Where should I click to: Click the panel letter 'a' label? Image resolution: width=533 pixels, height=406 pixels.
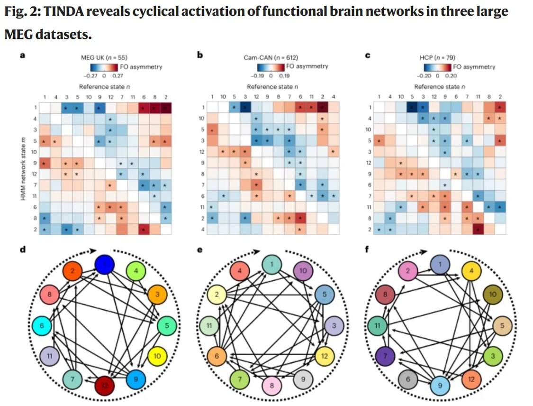point(22,55)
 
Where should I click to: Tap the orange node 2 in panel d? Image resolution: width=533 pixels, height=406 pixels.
point(73,272)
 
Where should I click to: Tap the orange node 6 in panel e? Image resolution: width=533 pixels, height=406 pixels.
point(217,355)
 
